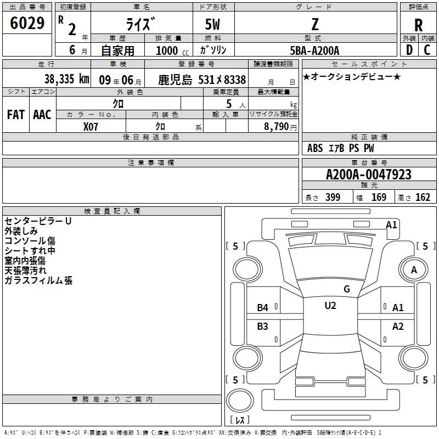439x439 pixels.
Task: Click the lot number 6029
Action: tap(27, 23)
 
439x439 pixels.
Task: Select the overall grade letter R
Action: tap(418, 25)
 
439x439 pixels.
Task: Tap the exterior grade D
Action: tap(409, 50)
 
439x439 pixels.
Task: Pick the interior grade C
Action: tap(427, 50)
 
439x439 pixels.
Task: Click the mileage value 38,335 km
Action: tap(67, 79)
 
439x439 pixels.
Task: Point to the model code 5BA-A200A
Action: tap(314, 50)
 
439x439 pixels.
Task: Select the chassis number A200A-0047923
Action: tap(369, 175)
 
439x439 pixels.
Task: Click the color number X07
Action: tap(91, 127)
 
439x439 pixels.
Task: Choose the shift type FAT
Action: tap(16, 115)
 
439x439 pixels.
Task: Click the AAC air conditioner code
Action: tap(42, 115)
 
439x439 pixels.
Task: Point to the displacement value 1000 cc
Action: tap(172, 50)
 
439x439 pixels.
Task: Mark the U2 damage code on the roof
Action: tap(330, 306)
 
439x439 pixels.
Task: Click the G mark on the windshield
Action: tap(347, 289)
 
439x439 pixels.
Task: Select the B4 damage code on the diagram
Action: tap(263, 308)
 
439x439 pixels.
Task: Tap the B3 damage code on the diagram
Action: tap(263, 327)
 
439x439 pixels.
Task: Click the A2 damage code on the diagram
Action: tap(398, 327)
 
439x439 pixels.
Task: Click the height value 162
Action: tap(423, 198)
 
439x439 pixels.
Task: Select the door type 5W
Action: tap(212, 24)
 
